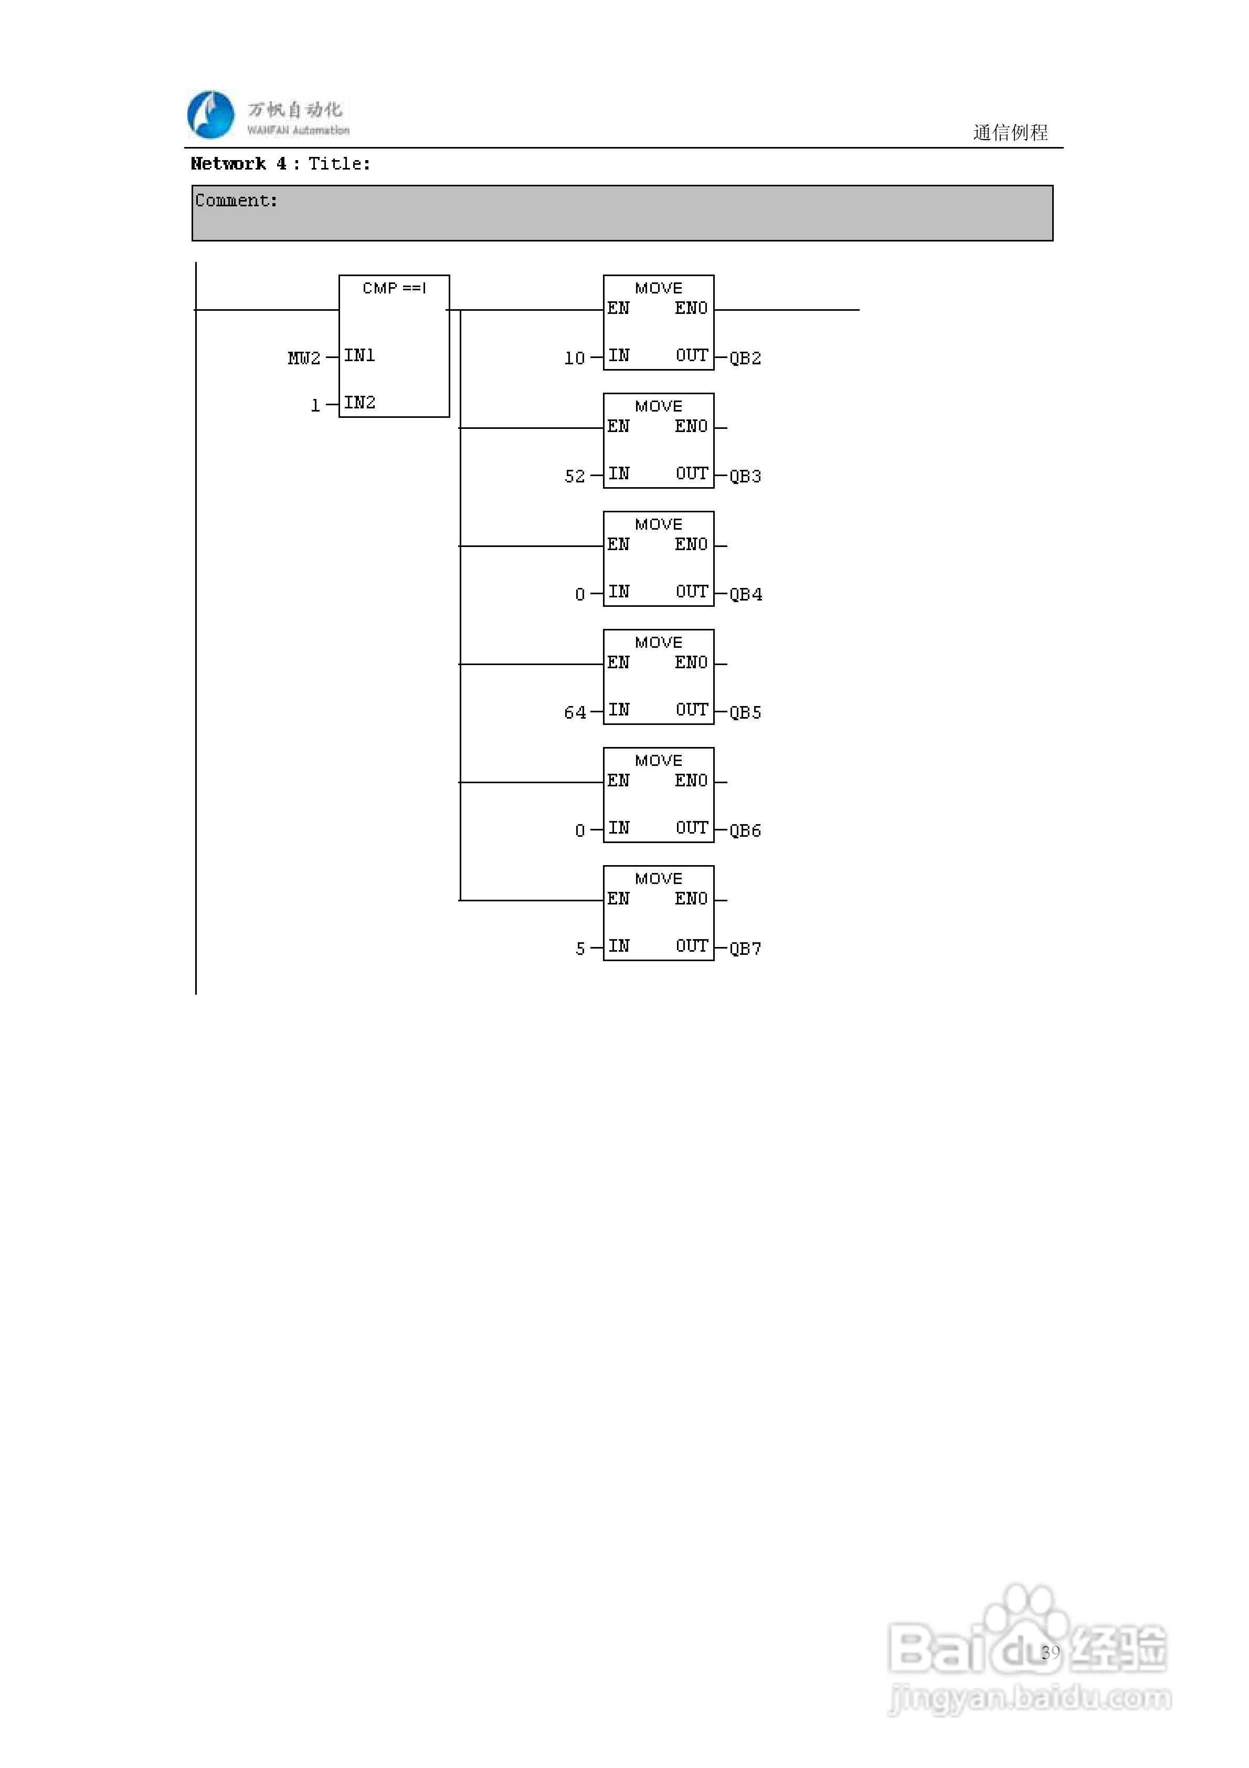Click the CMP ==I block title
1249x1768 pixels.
(394, 288)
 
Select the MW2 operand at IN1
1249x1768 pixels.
(303, 358)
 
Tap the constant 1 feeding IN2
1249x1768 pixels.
(315, 406)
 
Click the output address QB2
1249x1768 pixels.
(745, 358)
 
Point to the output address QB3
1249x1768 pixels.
(745, 476)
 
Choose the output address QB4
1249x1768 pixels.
(745, 594)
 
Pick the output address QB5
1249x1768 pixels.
(745, 712)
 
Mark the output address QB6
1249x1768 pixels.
(745, 830)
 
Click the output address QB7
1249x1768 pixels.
(745, 949)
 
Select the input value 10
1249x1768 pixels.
(575, 358)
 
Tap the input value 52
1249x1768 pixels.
(575, 476)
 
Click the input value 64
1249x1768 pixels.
(575, 712)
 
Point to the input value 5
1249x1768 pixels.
(580, 949)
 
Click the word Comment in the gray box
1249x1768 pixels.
(236, 201)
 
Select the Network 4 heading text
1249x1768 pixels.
(239, 164)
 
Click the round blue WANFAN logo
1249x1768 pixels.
(211, 115)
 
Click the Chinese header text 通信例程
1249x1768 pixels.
(1010, 132)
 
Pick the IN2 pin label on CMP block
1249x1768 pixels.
(359, 403)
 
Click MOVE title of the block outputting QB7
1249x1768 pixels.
(659, 879)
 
